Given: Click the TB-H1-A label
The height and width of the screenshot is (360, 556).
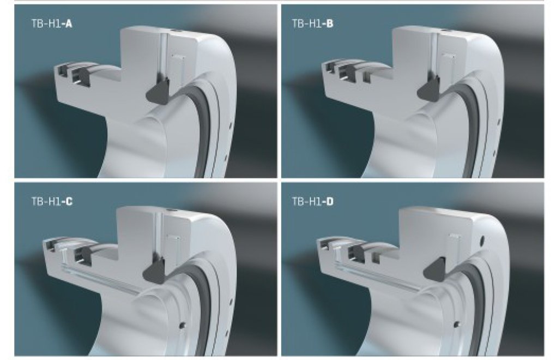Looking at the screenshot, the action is pos(52,24).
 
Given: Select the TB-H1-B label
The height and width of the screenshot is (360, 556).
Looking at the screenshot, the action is pos(312,24).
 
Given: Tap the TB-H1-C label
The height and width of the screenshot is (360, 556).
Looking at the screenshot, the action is pos(52,202).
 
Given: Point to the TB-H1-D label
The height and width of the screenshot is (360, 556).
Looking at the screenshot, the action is pos(312,202).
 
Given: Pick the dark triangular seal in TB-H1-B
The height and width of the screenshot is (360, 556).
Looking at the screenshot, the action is pos(428,89).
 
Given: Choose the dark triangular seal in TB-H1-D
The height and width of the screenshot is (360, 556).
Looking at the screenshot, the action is pos(436,271).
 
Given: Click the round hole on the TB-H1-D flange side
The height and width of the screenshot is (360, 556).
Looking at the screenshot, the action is pos(481,242).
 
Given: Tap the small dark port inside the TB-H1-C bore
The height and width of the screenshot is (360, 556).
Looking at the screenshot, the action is pos(182,325).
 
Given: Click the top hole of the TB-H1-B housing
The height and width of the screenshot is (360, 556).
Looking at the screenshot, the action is pos(444,32).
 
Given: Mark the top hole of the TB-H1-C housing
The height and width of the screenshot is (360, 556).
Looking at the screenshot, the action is pos(171,211).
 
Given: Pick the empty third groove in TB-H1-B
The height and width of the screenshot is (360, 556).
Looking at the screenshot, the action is pos(366,76).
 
